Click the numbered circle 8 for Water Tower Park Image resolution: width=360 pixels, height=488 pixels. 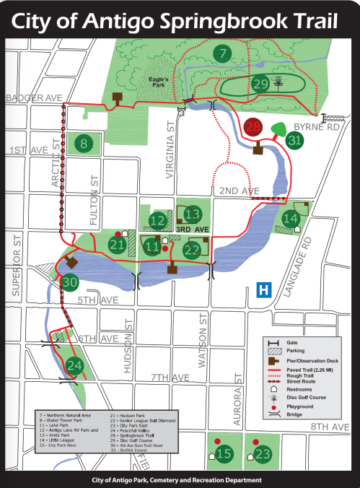84,144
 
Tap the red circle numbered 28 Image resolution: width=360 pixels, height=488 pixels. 253,127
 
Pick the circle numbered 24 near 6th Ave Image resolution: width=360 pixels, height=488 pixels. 74,366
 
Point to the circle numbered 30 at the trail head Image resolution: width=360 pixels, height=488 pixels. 69,282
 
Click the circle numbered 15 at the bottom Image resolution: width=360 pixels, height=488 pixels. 224,454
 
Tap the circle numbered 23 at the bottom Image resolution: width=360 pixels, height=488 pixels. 262,454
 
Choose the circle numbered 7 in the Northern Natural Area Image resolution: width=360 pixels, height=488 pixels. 224,53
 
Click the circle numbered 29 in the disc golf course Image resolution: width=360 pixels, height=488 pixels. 260,84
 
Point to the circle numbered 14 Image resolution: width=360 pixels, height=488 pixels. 291,218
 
